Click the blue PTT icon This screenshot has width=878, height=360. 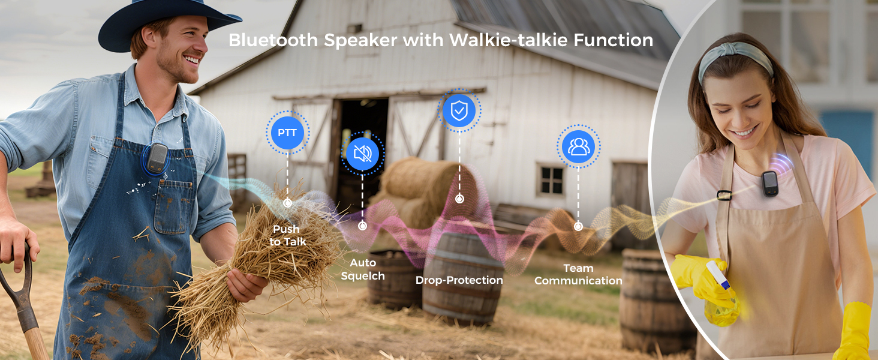(287, 133)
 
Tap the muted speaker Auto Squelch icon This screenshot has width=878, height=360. (362, 154)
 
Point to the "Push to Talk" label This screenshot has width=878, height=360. (287, 235)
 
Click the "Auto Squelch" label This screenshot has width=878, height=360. (363, 269)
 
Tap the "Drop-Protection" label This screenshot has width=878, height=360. (459, 280)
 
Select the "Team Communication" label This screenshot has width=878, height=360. (578, 274)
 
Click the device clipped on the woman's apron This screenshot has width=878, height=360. (771, 183)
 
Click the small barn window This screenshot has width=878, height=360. (551, 180)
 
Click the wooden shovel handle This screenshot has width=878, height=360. (27, 318)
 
